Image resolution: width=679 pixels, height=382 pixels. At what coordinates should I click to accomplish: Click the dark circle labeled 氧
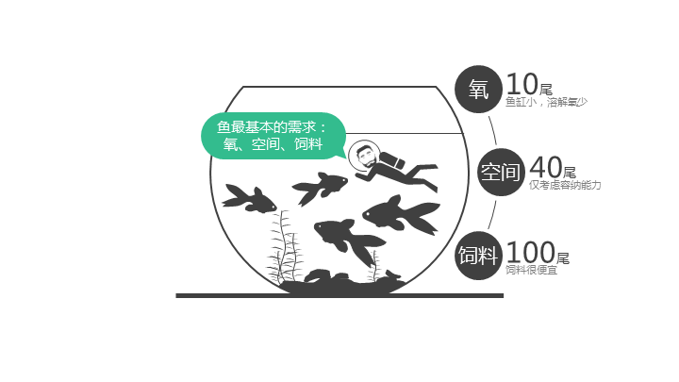pos(478,90)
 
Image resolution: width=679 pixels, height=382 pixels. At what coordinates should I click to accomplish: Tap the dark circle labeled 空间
pos(501,172)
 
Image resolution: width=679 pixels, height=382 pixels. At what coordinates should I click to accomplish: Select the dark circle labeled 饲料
pos(478,256)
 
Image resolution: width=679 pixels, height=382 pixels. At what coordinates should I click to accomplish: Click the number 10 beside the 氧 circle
pos(522,84)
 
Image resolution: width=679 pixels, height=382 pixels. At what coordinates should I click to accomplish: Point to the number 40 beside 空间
pos(546,167)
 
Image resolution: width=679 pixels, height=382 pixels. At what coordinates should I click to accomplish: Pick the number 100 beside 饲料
pos(530,252)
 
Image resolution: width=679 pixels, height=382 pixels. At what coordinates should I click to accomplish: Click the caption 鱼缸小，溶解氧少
pos(546,102)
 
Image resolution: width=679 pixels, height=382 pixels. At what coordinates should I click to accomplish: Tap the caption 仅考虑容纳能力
pos(565,185)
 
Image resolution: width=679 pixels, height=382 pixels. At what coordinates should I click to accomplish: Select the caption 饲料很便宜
pos(531,270)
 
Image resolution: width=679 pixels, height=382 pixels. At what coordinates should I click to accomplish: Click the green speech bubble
pos(273,136)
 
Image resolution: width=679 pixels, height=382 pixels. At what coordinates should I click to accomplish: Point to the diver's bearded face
pos(365,157)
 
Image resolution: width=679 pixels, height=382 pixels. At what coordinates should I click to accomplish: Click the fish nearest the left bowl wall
pos(249,199)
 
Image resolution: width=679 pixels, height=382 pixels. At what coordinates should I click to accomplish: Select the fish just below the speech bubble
pos(320,187)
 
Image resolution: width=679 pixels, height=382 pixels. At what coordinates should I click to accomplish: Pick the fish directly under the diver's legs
pos(402,215)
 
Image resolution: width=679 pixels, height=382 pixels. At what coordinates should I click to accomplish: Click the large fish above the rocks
pos(349,240)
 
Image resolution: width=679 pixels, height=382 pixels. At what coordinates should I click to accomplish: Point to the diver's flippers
pos(430,175)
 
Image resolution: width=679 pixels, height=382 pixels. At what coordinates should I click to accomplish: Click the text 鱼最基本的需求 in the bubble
pos(266,127)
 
